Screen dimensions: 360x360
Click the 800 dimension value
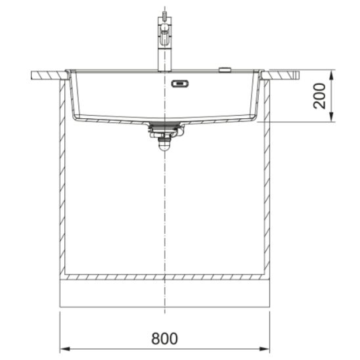[164, 338]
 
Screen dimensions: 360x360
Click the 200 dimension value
[319, 96]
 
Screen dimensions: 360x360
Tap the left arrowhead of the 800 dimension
[65, 349]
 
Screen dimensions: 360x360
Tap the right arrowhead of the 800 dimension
[265, 349]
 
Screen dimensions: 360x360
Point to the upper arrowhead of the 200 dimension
[331, 75]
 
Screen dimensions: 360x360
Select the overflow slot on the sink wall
[180, 83]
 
